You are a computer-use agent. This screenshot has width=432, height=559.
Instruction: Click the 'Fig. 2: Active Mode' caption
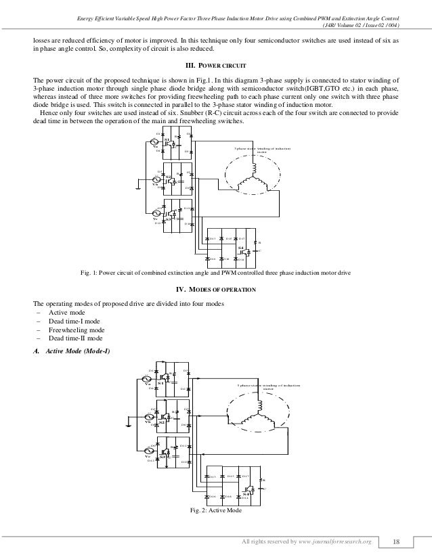click(215, 510)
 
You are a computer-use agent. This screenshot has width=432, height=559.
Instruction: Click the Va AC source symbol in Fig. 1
click(156, 140)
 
